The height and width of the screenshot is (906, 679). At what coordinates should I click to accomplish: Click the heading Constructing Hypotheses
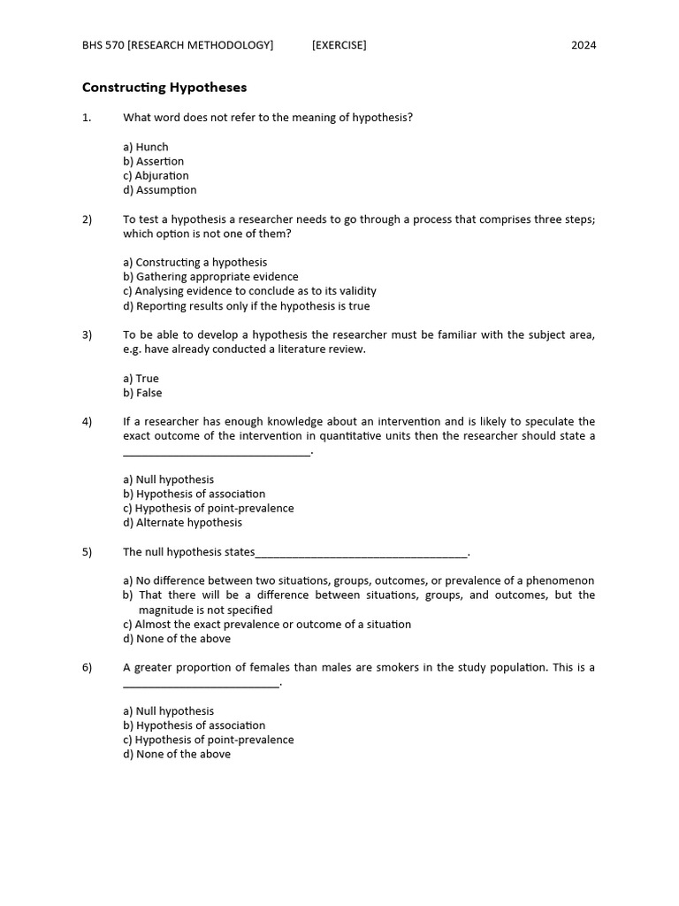click(164, 88)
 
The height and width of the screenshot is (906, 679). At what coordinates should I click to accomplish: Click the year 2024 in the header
click(583, 45)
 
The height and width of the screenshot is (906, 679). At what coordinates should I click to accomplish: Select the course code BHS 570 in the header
click(103, 45)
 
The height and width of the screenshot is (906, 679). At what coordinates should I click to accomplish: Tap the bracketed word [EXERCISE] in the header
click(339, 45)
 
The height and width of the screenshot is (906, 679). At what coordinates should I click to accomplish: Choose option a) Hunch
click(146, 147)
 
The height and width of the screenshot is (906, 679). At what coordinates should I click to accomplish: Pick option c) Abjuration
click(156, 175)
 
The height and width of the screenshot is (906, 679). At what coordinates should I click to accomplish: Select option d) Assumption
click(160, 189)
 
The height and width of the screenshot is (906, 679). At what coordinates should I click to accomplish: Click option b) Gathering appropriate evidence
click(210, 276)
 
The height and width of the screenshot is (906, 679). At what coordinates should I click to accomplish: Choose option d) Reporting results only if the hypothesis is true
click(247, 306)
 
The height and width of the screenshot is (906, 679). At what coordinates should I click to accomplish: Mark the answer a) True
click(141, 379)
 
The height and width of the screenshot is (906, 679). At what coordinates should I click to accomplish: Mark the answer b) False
click(142, 393)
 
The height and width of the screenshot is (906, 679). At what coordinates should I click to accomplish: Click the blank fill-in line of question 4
click(217, 452)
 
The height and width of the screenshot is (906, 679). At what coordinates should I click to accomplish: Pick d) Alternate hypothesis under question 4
click(182, 522)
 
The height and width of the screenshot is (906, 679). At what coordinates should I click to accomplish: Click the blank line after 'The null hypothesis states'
click(361, 554)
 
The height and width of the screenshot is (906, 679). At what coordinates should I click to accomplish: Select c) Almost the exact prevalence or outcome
click(267, 624)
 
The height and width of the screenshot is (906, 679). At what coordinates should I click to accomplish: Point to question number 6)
click(88, 667)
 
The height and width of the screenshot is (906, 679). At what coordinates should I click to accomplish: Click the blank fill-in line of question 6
click(201, 684)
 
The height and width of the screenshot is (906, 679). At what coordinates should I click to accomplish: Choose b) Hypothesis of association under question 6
click(194, 725)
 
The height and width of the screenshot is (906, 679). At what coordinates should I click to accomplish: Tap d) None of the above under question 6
click(177, 754)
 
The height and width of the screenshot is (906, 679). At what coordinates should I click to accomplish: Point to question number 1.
click(87, 118)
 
